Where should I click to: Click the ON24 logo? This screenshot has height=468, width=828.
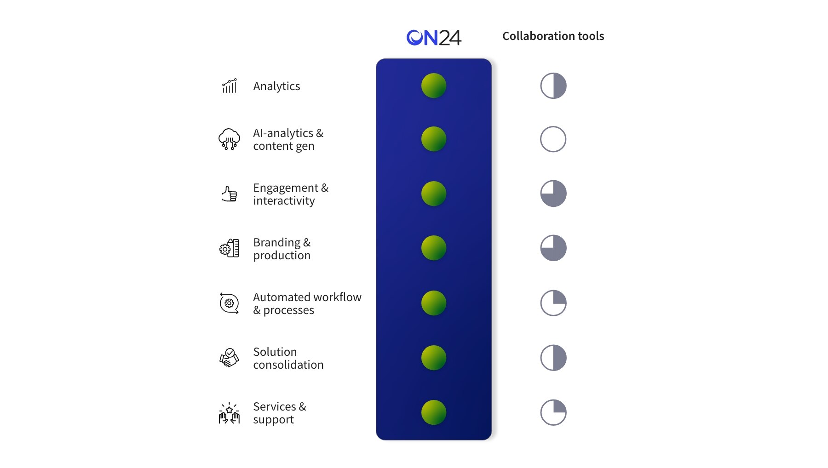(434, 38)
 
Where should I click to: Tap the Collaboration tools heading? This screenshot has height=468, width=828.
(553, 36)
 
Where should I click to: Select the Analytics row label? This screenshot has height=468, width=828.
(276, 86)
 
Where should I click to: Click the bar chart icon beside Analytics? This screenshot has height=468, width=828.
(230, 86)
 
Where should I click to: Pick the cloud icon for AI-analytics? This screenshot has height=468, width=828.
(229, 139)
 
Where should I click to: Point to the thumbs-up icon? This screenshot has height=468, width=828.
(229, 194)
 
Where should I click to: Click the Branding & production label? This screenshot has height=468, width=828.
(282, 249)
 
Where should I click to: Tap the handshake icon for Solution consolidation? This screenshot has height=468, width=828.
(229, 358)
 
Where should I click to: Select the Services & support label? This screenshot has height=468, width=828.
(280, 413)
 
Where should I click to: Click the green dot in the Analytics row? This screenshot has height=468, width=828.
(434, 86)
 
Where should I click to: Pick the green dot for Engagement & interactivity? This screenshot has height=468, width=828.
(434, 194)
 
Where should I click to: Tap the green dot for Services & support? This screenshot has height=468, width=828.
(434, 412)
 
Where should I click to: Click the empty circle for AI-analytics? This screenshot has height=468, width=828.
(553, 139)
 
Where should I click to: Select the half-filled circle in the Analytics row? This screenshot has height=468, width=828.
(553, 86)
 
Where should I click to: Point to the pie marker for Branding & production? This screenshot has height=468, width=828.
(553, 248)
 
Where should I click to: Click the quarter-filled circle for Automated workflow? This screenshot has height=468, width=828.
(553, 303)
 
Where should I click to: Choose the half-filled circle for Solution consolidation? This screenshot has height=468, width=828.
(553, 358)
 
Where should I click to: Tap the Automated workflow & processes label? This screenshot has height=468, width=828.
(307, 303)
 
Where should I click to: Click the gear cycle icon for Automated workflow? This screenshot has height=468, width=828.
(229, 303)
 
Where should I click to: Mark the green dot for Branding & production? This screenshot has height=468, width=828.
(434, 248)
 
